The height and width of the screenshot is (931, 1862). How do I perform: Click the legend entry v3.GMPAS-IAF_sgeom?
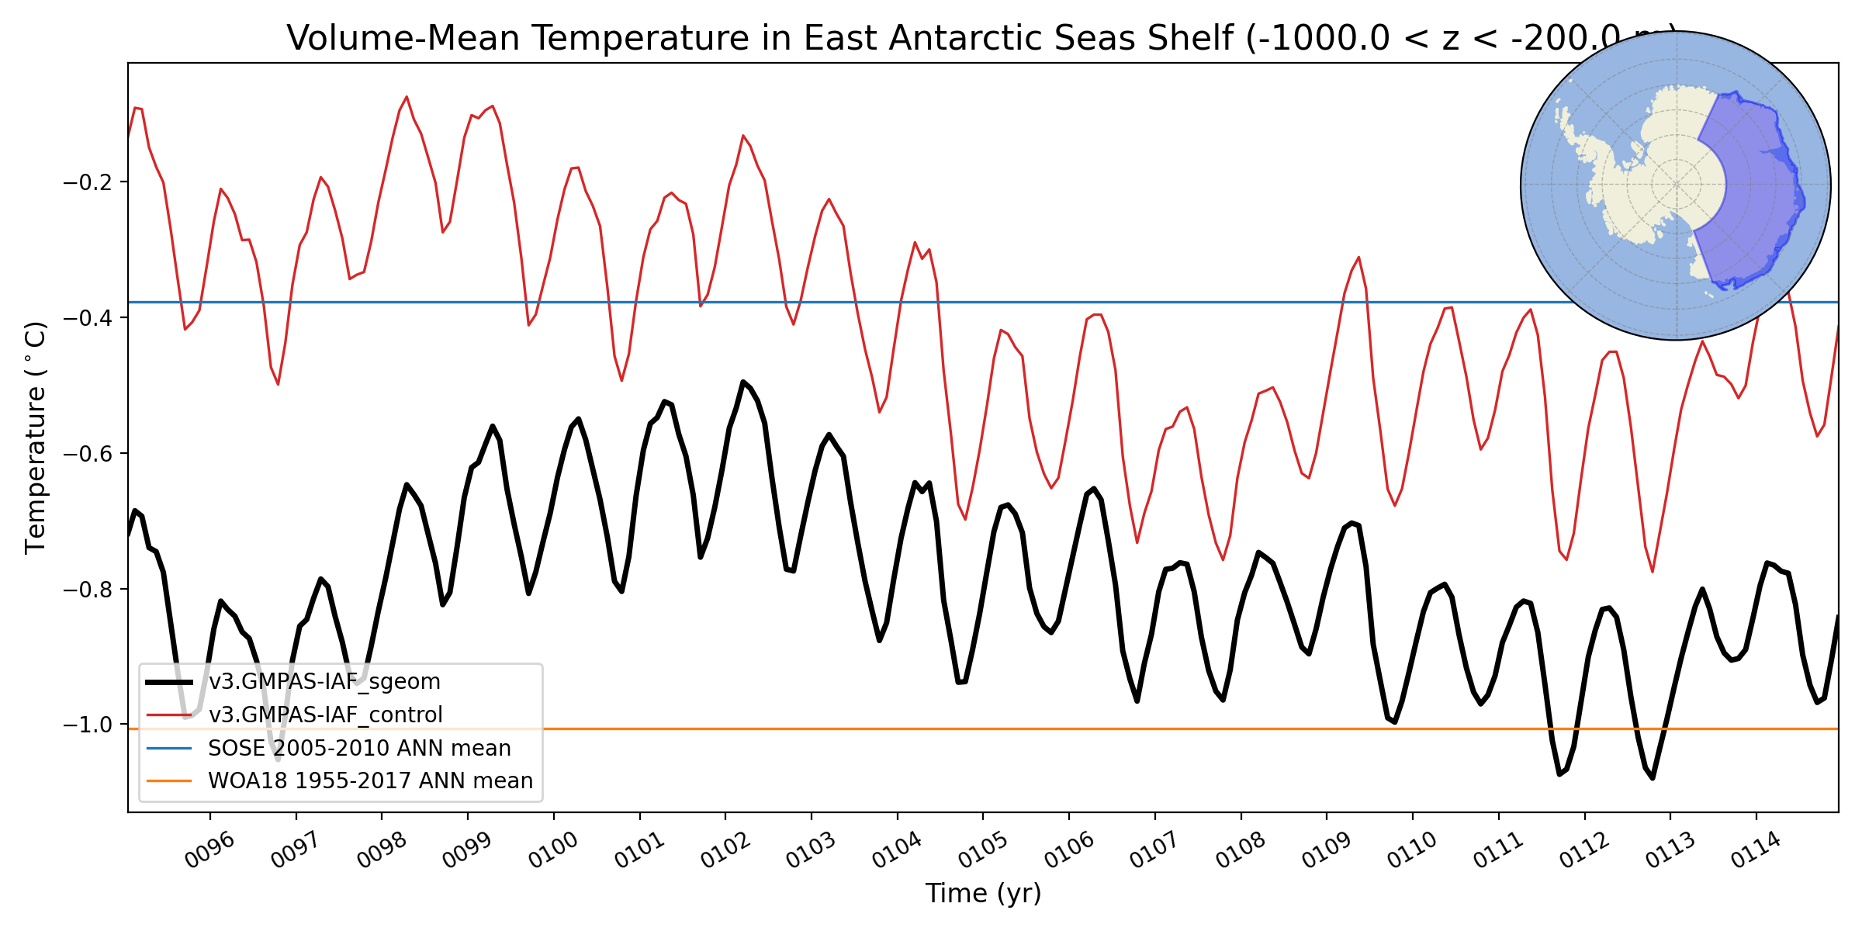[x=324, y=682]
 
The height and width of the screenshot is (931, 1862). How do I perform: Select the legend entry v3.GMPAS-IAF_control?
[x=325, y=715]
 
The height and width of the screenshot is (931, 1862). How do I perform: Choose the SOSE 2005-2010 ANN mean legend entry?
[x=359, y=748]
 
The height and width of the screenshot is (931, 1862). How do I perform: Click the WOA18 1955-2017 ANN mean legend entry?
[x=370, y=780]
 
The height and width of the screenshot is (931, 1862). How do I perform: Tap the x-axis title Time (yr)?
[x=983, y=894]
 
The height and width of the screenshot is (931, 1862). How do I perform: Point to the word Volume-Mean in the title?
[x=403, y=38]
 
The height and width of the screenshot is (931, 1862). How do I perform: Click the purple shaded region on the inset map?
[x=1753, y=194]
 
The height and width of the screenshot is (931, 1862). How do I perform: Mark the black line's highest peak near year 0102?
[x=742, y=382]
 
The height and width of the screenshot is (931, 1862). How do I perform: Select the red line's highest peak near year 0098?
[x=407, y=98]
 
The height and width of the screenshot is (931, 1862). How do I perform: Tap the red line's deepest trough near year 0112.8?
[x=1653, y=571]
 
